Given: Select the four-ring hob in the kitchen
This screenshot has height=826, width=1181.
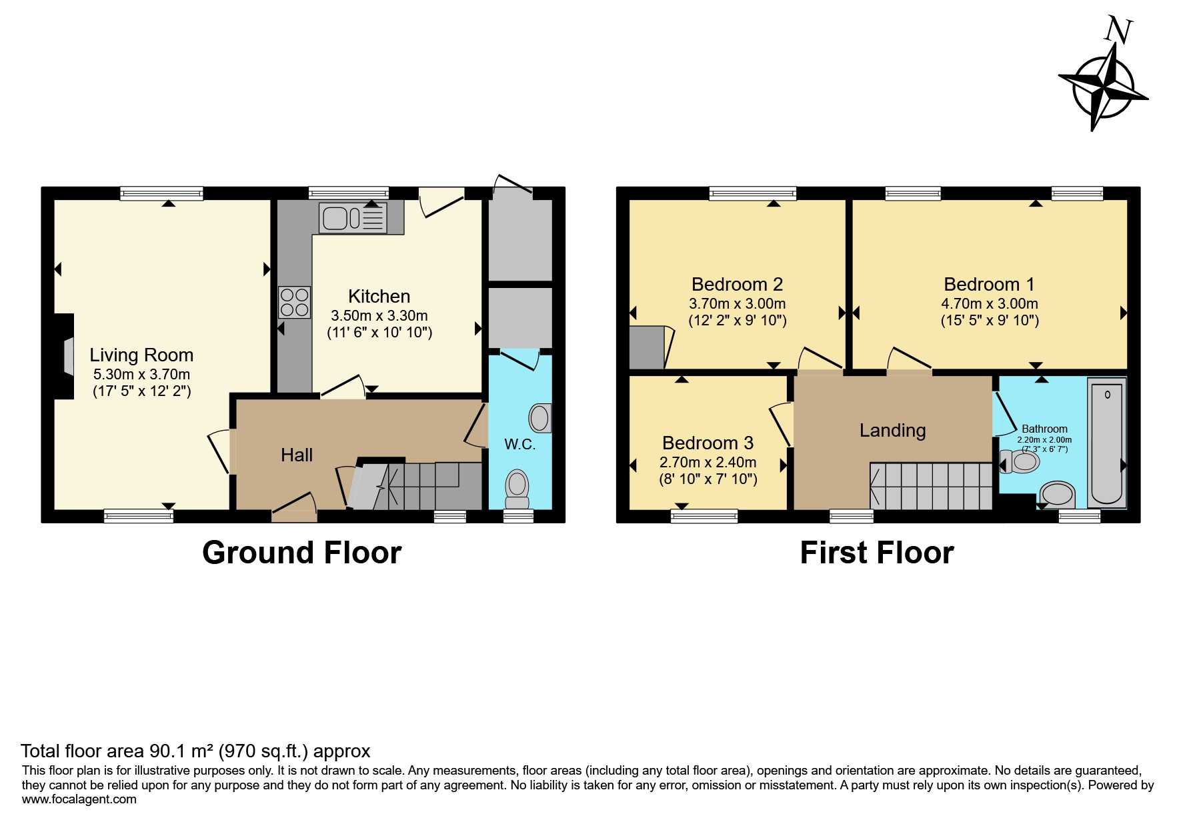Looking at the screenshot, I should pyautogui.click(x=295, y=302).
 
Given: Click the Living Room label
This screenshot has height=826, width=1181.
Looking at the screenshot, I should pyautogui.click(x=141, y=355).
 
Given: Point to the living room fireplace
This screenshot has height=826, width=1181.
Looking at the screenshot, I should pyautogui.click(x=65, y=357).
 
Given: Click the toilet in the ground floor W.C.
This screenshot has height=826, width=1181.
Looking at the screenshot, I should pyautogui.click(x=517, y=489).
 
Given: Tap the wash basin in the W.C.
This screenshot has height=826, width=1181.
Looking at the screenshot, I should pyautogui.click(x=540, y=418).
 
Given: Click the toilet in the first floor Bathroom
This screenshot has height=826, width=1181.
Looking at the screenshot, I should pyautogui.click(x=1022, y=461).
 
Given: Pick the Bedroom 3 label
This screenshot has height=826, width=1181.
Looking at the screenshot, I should pyautogui.click(x=708, y=443).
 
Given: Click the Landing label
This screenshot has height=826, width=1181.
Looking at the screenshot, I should pyautogui.click(x=892, y=431).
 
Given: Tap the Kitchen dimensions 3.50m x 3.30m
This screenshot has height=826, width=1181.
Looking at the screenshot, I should pyautogui.click(x=379, y=316).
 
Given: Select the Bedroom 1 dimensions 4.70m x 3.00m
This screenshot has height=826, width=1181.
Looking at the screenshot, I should pyautogui.click(x=989, y=304).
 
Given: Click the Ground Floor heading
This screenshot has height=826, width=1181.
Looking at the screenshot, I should pyautogui.click(x=301, y=553).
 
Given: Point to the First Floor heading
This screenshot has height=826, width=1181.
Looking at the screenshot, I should pyautogui.click(x=876, y=553).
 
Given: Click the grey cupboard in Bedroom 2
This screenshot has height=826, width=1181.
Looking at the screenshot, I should pyautogui.click(x=647, y=347).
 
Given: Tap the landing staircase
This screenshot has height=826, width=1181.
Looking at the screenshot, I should pyautogui.click(x=932, y=486).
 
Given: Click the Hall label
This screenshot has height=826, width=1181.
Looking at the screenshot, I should pyautogui.click(x=297, y=455).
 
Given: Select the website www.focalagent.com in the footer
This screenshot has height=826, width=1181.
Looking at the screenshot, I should pyautogui.click(x=79, y=799).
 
